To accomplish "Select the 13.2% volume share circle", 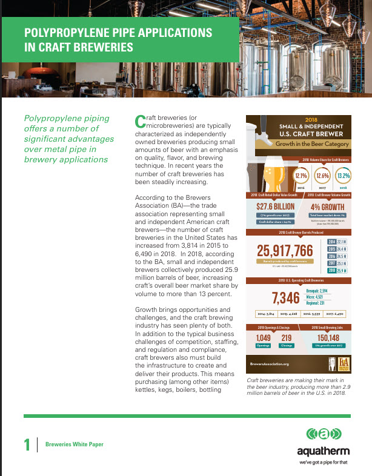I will (x=344, y=176).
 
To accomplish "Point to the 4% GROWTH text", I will (x=327, y=206).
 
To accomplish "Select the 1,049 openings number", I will (x=264, y=338).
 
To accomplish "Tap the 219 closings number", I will (x=287, y=338).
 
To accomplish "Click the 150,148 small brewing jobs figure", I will (x=328, y=338).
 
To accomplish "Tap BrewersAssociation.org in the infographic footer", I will (x=269, y=364).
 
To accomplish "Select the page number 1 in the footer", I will (x=27, y=445).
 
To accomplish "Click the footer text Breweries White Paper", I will (x=75, y=445).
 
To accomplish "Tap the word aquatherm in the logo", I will (x=322, y=452).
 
